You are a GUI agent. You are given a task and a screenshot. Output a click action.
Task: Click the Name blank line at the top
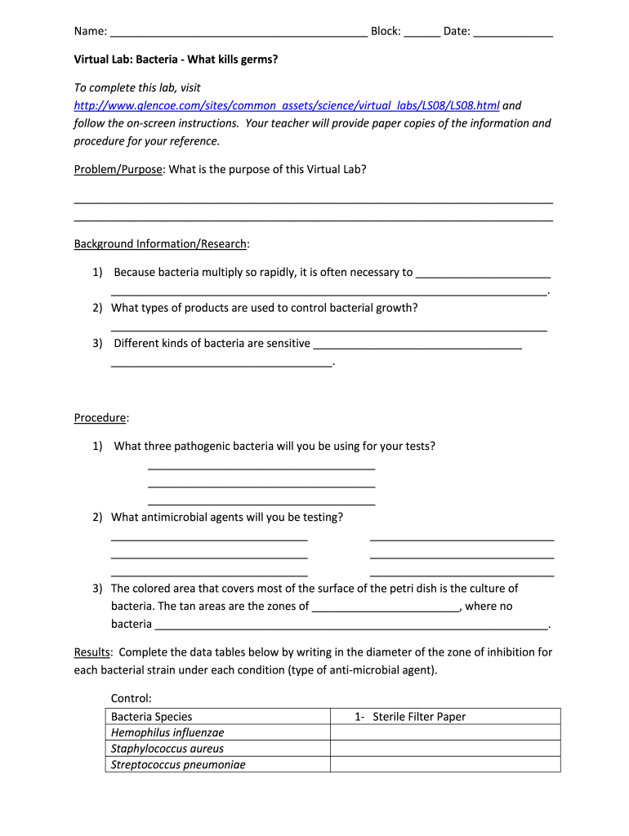238,33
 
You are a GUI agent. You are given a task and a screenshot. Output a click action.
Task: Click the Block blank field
422,33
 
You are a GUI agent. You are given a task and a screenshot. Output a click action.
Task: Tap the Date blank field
513,33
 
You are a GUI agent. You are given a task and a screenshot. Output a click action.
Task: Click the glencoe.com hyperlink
286,105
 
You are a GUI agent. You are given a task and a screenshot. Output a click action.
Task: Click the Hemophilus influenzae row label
167,732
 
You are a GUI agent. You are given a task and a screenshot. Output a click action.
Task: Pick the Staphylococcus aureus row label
167,749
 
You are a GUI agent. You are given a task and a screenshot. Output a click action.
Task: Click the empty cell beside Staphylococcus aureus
444,749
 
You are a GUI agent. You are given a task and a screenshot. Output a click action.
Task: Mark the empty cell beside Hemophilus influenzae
444,732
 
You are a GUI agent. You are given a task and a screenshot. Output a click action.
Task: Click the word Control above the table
132,698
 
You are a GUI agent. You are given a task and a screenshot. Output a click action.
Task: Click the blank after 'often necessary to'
483,273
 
